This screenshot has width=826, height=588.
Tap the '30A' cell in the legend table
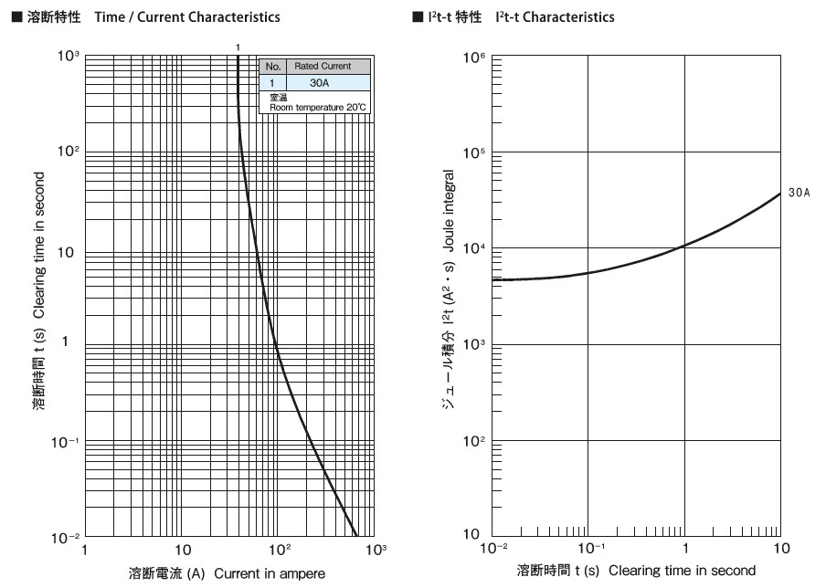point(320,82)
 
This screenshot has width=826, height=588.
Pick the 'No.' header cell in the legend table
point(272,67)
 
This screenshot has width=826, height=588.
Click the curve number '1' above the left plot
point(238,47)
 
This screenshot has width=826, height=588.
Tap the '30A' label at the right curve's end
point(798,194)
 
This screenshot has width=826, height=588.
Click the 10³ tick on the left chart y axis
point(69,57)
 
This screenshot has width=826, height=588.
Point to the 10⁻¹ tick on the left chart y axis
point(68,442)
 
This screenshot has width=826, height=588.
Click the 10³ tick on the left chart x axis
point(375,550)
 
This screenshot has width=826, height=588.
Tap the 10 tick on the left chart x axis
point(183,551)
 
